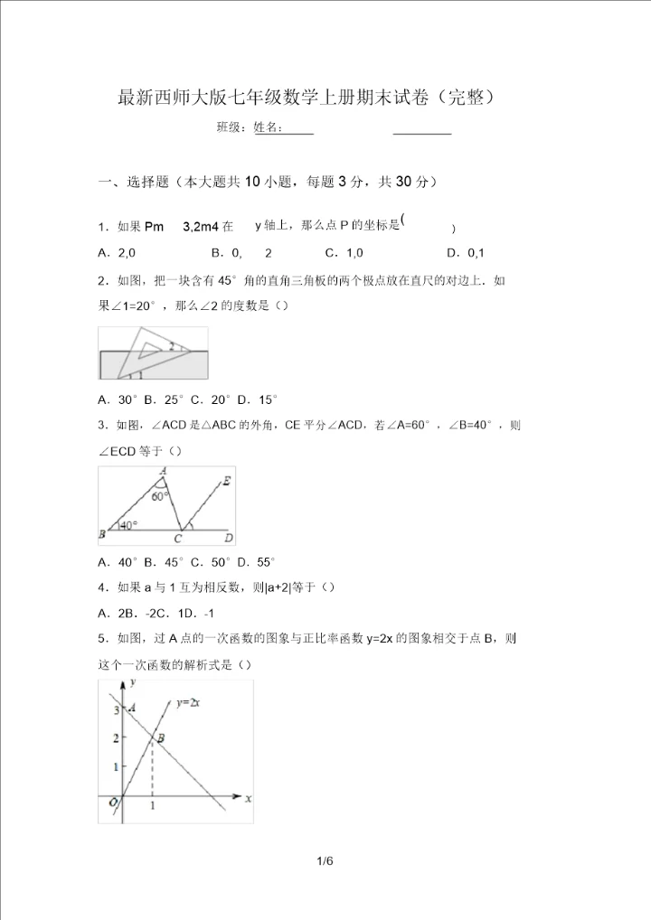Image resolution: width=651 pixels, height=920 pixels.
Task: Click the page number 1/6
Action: click(325, 861)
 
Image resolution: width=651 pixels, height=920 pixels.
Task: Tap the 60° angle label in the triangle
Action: click(159, 495)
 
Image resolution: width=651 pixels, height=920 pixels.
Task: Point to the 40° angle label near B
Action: click(129, 524)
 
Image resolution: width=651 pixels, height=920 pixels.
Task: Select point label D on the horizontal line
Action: click(229, 538)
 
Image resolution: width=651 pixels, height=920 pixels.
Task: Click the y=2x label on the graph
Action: click(189, 701)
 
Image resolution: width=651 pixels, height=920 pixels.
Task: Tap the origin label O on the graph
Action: click(114, 802)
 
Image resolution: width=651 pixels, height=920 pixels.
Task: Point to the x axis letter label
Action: click(248, 799)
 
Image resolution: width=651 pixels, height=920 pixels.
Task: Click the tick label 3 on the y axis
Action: click(115, 711)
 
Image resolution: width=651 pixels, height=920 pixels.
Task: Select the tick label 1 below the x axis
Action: click(152, 805)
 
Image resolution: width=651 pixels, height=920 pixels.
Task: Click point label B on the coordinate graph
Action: click(161, 738)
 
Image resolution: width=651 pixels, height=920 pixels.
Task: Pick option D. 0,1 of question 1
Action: click(466, 253)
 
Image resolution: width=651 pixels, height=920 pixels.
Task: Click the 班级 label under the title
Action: click(231, 127)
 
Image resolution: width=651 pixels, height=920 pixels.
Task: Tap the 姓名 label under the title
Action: click(269, 127)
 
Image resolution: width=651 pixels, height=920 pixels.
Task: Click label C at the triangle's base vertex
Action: click(178, 539)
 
